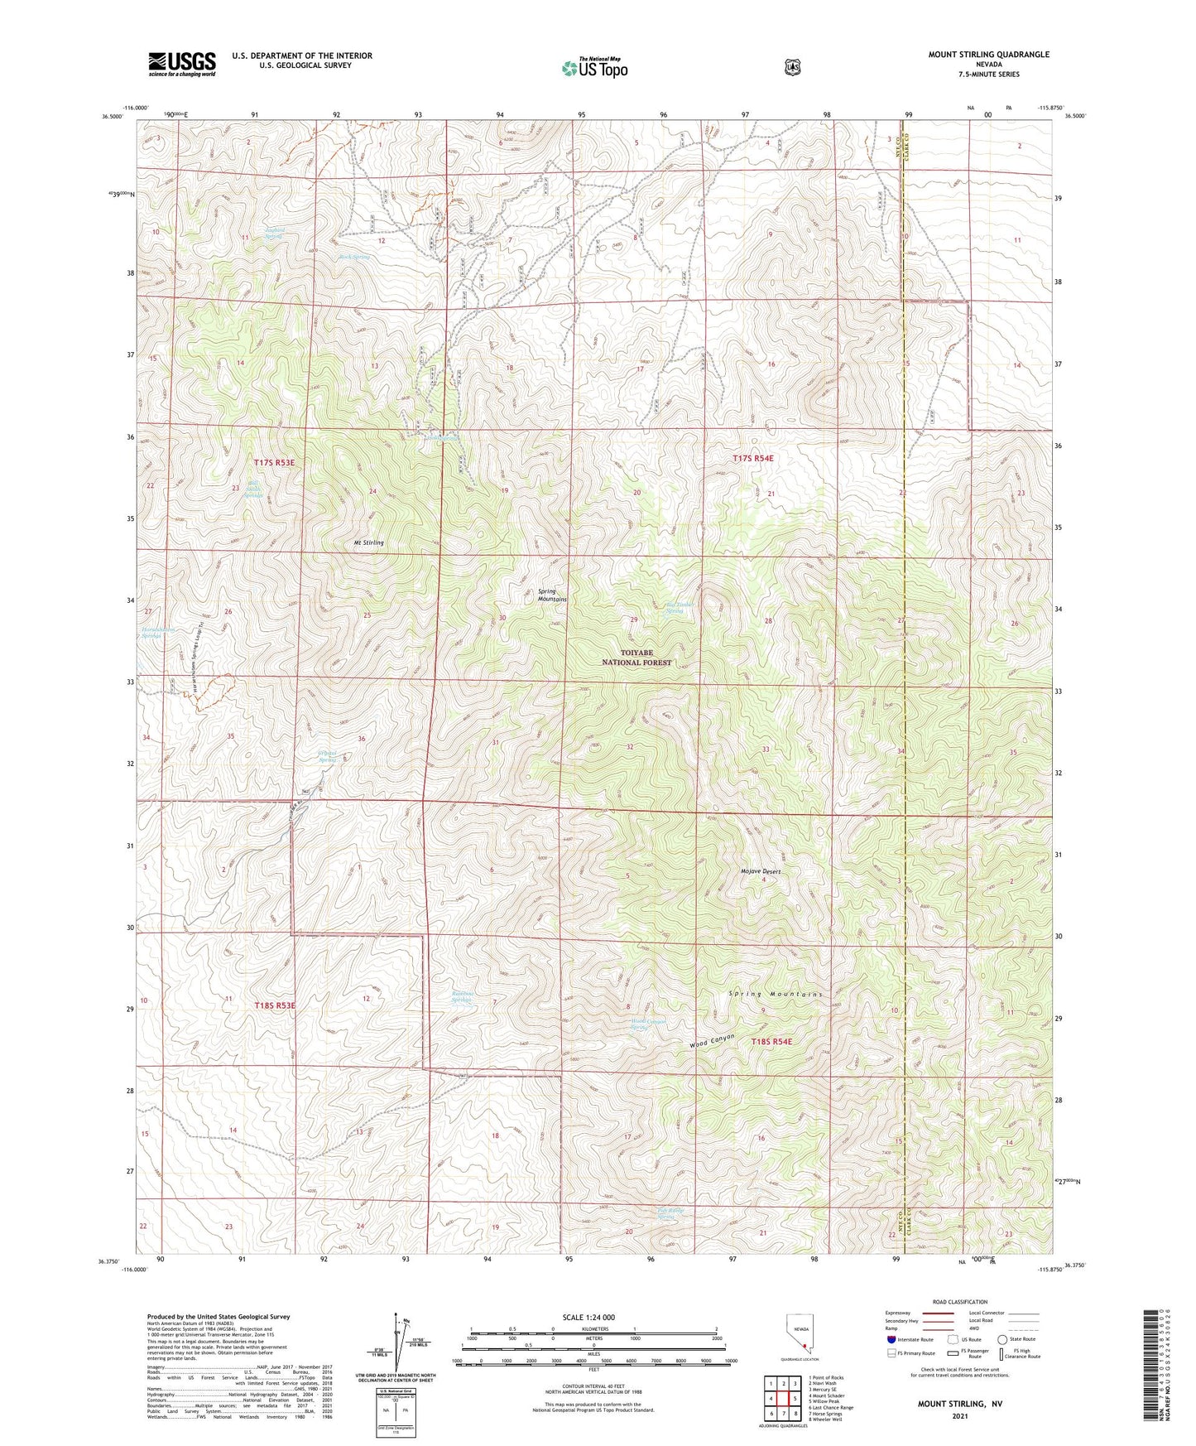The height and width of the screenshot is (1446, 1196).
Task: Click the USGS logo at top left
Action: (182, 63)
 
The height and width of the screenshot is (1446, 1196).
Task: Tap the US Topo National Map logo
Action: (593, 67)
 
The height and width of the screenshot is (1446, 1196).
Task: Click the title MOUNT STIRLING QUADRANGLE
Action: (988, 55)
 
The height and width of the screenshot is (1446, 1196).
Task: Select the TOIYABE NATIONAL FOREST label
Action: (636, 658)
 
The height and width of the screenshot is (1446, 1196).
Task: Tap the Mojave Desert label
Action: (760, 871)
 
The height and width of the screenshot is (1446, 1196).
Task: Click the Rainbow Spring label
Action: (462, 997)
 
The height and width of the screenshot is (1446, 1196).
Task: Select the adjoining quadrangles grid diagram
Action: (782, 1399)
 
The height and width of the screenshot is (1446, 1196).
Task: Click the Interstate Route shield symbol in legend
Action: (891, 1339)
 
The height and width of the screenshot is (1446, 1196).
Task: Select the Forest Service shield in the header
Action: (792, 67)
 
